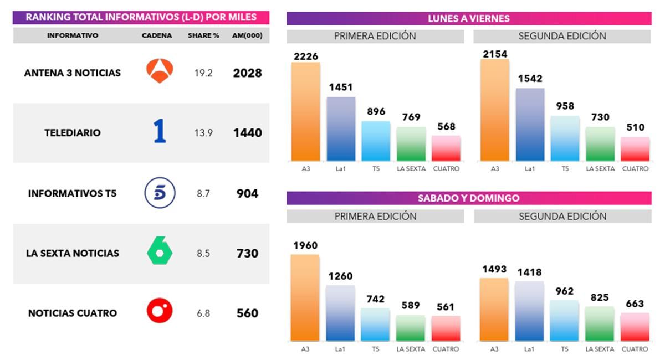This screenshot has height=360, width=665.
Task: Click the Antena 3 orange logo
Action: coord(160,71)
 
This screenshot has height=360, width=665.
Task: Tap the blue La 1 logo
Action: coord(160,132)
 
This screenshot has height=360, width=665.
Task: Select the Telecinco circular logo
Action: coord(160,193)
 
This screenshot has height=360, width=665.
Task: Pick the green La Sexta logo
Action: coord(160,253)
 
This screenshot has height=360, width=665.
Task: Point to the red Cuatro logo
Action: coord(160,312)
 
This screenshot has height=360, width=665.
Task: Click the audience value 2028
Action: coord(247,73)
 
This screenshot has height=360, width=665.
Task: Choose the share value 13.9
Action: coord(203,133)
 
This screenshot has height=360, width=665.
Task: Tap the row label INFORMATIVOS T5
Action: coord(73,194)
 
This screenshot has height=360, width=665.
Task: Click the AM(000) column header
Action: coord(247,35)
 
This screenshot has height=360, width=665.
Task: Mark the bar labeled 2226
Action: coord(306,111)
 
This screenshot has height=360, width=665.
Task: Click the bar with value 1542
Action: coord(530,125)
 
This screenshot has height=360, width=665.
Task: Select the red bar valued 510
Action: coord(635,150)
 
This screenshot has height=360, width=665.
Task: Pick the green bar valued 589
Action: coord(411,328)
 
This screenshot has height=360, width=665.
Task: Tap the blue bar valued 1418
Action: coord(529,311)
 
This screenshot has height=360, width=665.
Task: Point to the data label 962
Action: coord(565,291)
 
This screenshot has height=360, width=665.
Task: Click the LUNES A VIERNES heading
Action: coord(469,19)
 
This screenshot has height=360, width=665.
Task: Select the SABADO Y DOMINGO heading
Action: coord(469,198)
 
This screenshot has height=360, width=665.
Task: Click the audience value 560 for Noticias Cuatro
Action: coord(247,313)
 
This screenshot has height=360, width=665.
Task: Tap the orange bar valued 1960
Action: coord(305,298)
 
